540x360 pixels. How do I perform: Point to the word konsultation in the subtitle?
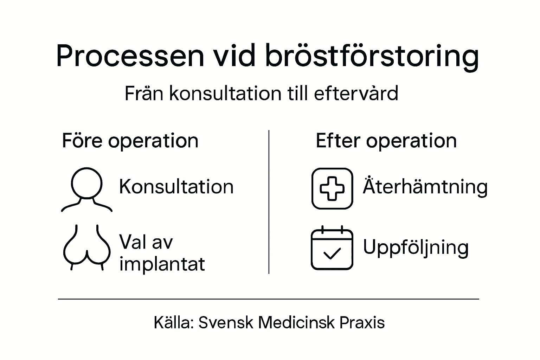coord(225,94)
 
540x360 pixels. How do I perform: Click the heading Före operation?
coord(130,141)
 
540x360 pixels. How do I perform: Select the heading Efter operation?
coord(386,141)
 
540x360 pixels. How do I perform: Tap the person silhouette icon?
coord(86,189)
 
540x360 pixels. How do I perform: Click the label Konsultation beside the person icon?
coord(176,186)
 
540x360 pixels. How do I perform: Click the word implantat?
coord(162,264)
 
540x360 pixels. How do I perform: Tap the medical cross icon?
coord(332,188)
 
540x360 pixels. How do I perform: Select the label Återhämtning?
coord(425,186)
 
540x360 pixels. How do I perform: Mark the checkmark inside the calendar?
coord(332,253)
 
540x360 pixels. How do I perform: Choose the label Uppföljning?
coord(416,247)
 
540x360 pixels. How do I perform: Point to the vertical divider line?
coord(269,202)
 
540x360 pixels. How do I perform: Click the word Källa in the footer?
coord(173,322)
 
